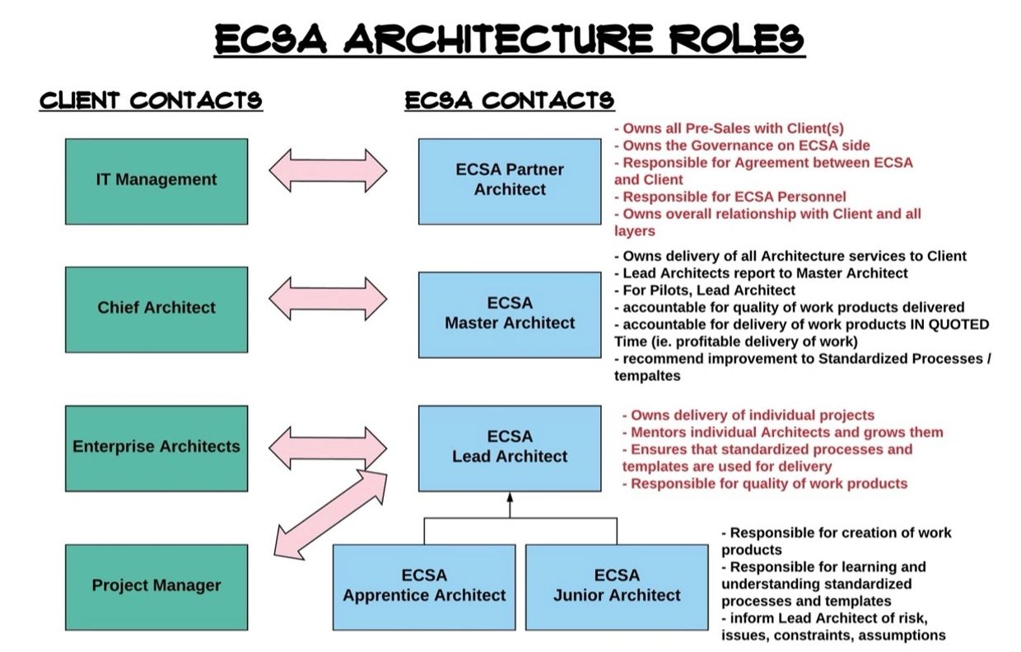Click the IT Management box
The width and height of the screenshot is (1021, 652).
156,181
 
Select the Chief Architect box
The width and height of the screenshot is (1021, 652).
156,309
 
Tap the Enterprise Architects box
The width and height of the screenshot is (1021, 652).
156,448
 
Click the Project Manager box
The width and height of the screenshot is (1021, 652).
156,586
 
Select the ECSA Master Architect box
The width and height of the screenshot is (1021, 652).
510,314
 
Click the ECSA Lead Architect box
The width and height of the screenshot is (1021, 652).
510,448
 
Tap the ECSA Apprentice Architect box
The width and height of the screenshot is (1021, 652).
424,586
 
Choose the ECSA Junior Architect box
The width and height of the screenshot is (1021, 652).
617,586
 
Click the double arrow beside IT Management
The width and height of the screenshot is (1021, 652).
328,171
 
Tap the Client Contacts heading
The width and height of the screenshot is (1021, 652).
152,100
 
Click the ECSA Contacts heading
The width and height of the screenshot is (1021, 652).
509,100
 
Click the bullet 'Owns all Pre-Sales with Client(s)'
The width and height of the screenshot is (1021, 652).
733,128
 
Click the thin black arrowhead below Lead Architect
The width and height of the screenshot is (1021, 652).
510,497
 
